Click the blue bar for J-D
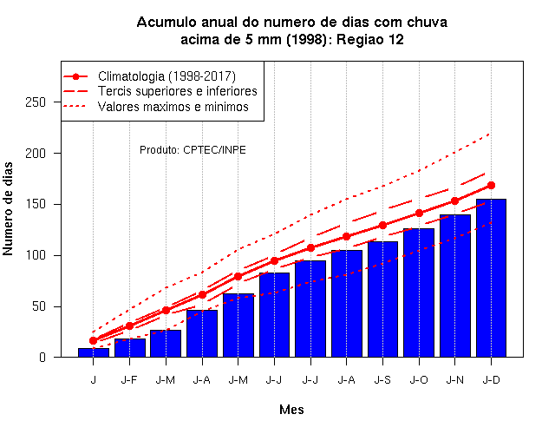491,278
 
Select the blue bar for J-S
382,299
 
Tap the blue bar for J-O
419,293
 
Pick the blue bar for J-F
129,348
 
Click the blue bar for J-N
454,286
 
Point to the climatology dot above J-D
491,185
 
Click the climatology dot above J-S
382,226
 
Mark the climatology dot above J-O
419,214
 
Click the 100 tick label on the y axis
36,255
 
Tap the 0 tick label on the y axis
42,358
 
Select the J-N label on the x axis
454,380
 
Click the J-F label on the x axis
129,380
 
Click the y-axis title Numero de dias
8,208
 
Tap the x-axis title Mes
291,410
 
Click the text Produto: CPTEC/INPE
193,150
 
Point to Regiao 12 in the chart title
370,39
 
